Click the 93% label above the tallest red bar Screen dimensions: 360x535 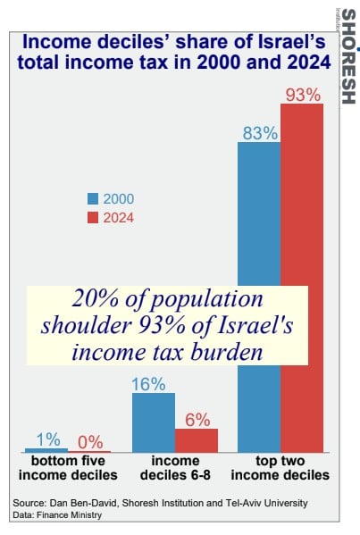303,95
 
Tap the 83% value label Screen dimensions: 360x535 260,133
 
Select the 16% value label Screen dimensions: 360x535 148,385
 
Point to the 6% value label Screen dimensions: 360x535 197,420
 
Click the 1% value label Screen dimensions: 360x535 48,439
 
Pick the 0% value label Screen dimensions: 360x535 90,442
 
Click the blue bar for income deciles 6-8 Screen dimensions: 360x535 154,422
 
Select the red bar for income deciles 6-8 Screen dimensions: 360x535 197,440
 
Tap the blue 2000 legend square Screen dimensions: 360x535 93,198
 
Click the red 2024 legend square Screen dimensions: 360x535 93,218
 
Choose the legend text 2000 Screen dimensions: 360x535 119,199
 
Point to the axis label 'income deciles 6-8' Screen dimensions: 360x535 175,468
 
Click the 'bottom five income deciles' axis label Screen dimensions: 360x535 68,468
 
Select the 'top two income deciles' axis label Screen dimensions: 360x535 280,468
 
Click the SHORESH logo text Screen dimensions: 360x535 348,56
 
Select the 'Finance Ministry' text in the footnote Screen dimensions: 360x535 70,514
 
